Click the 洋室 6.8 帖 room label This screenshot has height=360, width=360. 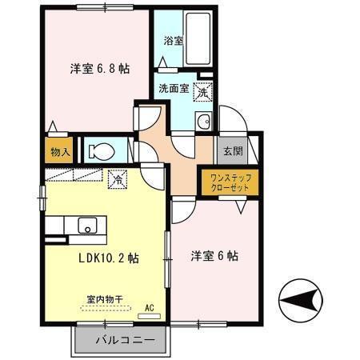click(98, 69)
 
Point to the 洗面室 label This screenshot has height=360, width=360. click(173, 88)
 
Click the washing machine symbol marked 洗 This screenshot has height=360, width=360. click(202, 92)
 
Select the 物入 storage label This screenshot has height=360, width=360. click(61, 150)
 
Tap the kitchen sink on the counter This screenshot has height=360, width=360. click(86, 225)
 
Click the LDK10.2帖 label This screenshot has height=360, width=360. click(110, 258)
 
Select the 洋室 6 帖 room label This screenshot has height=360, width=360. click(214, 256)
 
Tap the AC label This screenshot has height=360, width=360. click(149, 306)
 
